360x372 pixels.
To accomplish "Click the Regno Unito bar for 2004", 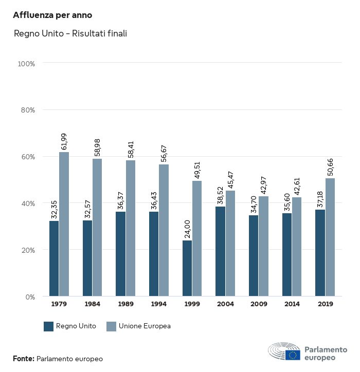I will [x=220, y=251].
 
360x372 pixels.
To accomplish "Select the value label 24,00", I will [x=187, y=230].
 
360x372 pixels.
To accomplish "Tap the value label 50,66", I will [x=330, y=168].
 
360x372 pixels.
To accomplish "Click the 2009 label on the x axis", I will [x=259, y=304].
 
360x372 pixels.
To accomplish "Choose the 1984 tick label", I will [x=93, y=304].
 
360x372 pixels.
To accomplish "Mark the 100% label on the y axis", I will [x=26, y=64].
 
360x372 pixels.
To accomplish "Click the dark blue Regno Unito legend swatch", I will [x=49, y=326].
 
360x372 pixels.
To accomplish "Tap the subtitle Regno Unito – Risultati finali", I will [x=70, y=34].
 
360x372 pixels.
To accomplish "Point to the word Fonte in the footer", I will [x=24, y=359].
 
